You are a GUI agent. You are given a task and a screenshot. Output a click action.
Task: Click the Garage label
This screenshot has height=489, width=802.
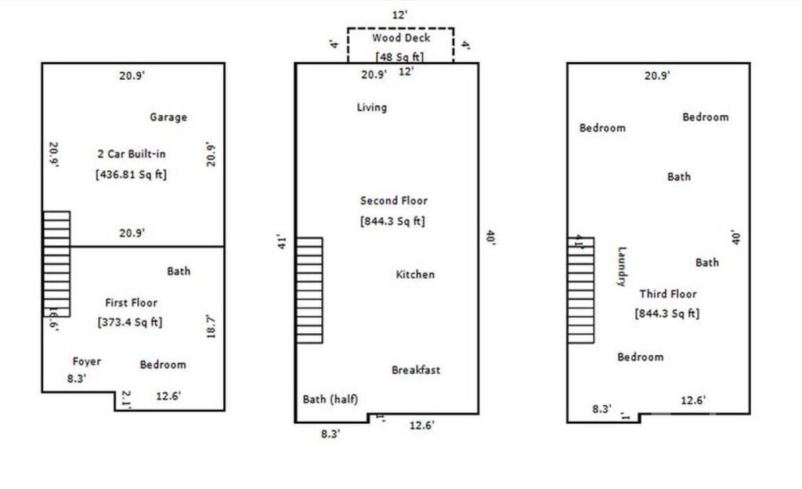coord(168,118)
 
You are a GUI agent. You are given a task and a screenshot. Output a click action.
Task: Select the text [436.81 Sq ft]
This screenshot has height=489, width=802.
coord(132,174)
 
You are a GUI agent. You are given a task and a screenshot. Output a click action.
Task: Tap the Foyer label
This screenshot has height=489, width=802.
coord(86,361)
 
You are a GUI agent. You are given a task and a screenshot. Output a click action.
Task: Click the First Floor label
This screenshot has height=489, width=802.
coord(131,302)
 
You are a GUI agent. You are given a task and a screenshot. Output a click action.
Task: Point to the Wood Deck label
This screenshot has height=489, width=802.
coord(401,38)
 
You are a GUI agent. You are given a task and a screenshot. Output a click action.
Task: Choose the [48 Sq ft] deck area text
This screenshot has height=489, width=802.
coord(400,56)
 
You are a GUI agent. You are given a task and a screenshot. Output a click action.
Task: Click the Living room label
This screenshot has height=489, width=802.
coord(371,107)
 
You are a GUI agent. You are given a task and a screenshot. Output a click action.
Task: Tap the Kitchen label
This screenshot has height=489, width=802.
coord(415,274)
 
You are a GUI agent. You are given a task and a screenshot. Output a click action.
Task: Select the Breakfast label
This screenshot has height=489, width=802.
coord(416,370)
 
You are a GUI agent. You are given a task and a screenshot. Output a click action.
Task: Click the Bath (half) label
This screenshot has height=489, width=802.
coord(330,400)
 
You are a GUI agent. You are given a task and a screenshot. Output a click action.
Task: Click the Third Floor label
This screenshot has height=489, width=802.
coord(667,294)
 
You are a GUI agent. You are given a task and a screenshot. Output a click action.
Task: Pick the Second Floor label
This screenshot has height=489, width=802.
coord(394,201)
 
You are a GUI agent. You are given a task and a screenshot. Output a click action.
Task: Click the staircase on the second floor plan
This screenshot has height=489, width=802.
coord(309,290)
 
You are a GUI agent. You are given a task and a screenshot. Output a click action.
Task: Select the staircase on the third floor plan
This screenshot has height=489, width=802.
coord(580,290)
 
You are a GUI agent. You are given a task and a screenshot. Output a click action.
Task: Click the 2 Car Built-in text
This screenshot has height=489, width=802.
coord(131,154)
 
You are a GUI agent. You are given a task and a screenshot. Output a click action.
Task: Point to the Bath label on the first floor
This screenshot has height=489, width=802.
coord(179,271)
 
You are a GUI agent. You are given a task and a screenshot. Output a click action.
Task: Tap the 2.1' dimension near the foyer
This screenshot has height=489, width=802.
coord(126,400)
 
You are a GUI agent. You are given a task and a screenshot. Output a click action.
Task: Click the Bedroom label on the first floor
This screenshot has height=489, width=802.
coord(163,364)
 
